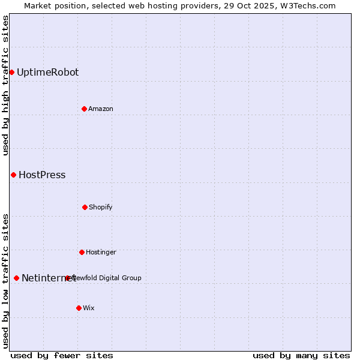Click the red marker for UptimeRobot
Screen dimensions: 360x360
coord(11,73)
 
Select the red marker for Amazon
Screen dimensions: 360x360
coord(84,109)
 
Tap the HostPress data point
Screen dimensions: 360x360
coord(13,175)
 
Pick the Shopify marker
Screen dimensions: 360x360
coord(85,207)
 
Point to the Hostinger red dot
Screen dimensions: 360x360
coord(82,252)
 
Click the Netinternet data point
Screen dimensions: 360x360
coord(16,278)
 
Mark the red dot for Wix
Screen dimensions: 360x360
coord(79,308)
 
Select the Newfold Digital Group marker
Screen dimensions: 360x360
coord(67,278)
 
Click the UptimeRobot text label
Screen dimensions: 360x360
coord(47,73)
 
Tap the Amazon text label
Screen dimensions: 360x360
coord(101,109)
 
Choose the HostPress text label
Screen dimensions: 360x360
coord(42,175)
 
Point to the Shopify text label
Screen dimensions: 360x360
coord(101,207)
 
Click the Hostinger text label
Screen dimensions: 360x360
coord(101,252)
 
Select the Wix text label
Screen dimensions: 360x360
coord(89,308)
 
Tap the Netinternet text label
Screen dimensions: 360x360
coord(48,278)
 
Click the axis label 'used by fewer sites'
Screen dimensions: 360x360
coord(62,355)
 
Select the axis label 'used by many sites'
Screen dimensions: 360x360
coord(301,355)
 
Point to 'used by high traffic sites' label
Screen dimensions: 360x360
coord(5,85)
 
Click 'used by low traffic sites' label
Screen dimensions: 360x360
coord(5,281)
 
